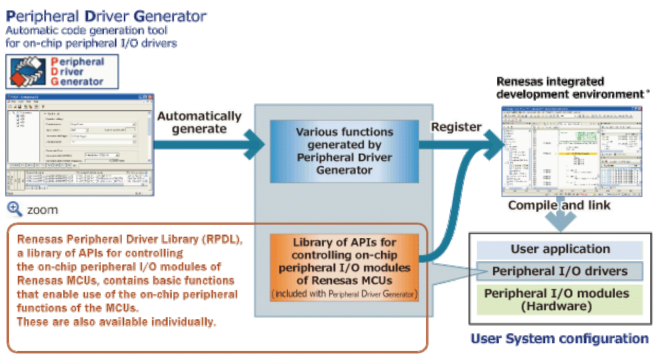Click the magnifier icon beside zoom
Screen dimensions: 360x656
coord(14,209)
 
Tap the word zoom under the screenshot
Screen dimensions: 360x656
coord(42,210)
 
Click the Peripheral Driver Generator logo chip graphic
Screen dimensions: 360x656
coord(30,72)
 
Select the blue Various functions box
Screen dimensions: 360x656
coord(344,150)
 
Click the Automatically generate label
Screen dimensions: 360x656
coord(199,122)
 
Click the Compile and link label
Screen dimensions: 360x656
coord(559,205)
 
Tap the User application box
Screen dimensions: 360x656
coord(560,249)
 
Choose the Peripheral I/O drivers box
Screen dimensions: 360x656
coord(560,271)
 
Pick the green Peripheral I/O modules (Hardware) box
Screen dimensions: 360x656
coord(560,299)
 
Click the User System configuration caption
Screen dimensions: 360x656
coord(559,339)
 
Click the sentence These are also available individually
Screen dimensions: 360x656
coord(116,321)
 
